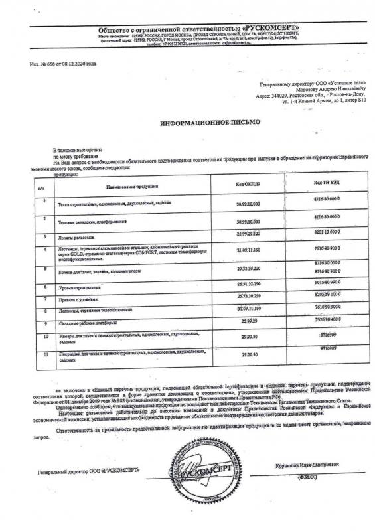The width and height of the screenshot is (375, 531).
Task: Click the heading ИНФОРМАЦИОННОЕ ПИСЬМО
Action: tap(210, 123)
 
